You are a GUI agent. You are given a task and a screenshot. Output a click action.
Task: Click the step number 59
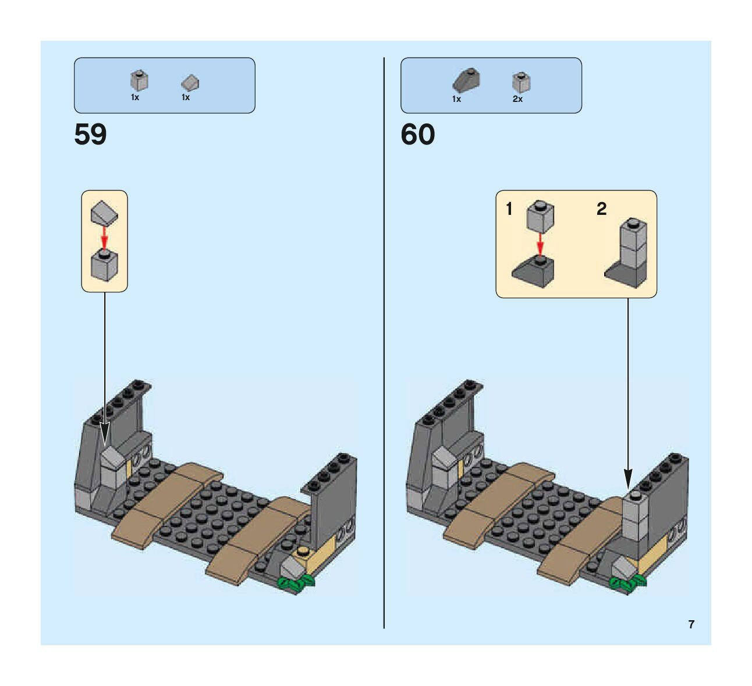tap(90, 135)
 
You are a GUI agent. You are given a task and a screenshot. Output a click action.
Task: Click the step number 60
tap(417, 135)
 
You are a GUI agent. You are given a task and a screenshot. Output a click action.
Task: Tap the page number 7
tap(691, 624)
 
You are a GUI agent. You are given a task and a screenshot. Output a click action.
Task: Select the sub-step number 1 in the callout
tap(509, 208)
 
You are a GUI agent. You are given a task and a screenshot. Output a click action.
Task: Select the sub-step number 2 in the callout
tap(601, 208)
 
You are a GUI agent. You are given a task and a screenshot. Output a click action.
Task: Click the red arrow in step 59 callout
tap(104, 236)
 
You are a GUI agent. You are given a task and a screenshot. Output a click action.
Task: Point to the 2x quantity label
tap(517, 99)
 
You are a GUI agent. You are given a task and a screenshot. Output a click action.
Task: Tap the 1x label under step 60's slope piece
tap(456, 99)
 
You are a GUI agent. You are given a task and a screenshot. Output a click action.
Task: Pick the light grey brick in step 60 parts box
tap(521, 82)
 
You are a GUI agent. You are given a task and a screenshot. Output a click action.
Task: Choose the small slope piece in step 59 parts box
tap(190, 82)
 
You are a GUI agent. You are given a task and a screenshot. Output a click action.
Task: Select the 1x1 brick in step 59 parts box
tap(139, 80)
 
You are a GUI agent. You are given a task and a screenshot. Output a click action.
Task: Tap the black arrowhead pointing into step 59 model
tap(105, 434)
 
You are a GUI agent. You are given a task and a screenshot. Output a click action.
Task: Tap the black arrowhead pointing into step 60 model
tap(628, 479)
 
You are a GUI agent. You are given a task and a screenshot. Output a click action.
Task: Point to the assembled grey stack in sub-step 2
tap(629, 253)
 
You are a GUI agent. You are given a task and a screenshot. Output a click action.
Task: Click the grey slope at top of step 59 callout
tap(104, 213)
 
